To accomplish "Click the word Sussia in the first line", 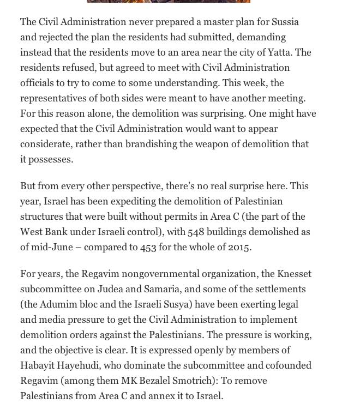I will (x=284, y=22).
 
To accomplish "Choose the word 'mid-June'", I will (x=53, y=247).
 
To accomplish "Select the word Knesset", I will (x=295, y=274).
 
